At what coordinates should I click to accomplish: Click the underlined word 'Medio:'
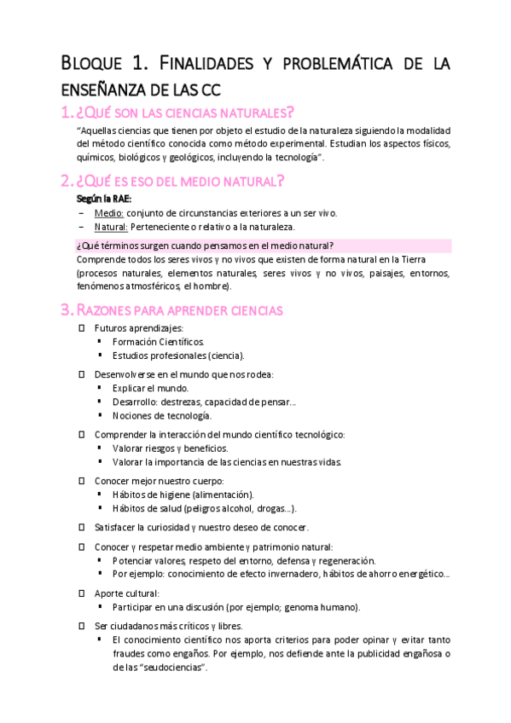[109, 212]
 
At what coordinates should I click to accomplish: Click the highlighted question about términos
[205, 245]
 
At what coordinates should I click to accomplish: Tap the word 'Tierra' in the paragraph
[433, 259]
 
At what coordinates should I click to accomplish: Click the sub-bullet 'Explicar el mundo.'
[150, 388]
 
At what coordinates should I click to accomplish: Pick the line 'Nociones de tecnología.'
[161, 416]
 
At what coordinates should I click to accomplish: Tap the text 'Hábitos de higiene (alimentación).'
[183, 495]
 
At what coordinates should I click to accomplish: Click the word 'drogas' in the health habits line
[271, 508]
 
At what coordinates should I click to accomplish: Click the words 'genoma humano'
[322, 607]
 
